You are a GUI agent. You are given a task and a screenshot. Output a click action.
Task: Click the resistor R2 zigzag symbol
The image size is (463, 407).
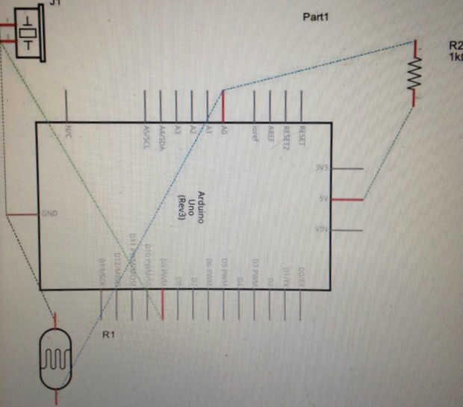tap(414, 73)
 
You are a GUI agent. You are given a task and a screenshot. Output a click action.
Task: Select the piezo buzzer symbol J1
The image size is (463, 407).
tap(27, 33)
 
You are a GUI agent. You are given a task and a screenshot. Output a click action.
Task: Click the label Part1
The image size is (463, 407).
tap(315, 16)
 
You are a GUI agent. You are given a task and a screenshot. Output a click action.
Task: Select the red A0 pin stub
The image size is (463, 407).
tap(223, 105)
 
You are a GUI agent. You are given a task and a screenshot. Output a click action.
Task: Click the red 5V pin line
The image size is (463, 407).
tap(349, 199)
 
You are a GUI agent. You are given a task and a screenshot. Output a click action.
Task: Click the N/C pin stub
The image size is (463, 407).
tap(67, 105)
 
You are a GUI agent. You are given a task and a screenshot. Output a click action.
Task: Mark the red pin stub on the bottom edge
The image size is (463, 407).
tap(162, 305)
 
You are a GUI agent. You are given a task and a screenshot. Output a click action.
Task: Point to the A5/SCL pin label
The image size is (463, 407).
tap(145, 134)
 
